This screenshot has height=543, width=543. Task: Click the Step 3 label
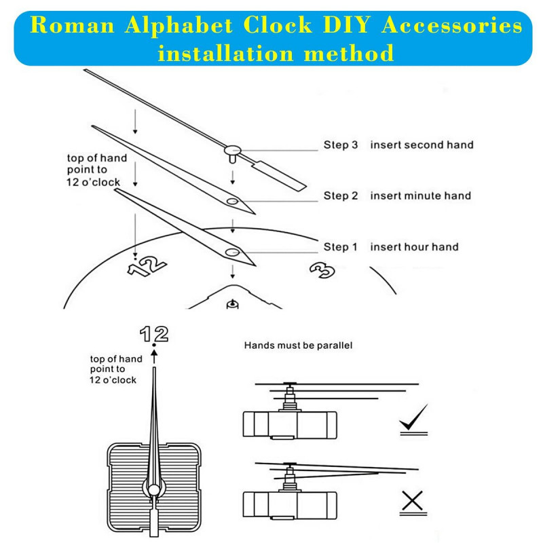(340, 145)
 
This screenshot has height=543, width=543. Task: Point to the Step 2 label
(340, 195)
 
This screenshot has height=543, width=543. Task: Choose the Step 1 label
(340, 247)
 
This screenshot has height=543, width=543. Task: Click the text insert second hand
(422, 145)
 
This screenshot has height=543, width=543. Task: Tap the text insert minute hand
(420, 195)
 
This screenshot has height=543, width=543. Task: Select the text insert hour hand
(414, 247)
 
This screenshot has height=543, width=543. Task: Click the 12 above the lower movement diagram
(154, 333)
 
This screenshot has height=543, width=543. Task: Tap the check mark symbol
(413, 420)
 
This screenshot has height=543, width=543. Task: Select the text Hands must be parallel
(299, 345)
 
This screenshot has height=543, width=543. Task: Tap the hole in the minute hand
(232, 202)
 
